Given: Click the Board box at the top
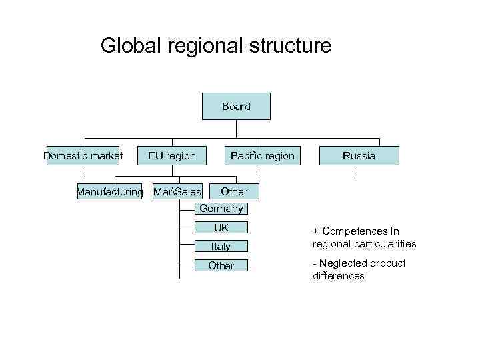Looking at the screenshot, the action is pos(236,106).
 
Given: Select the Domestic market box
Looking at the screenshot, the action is pos(83,156).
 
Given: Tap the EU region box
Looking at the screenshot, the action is pos(172,156).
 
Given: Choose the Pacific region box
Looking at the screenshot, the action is pos(262,156).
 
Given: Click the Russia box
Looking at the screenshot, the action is pos(359,156).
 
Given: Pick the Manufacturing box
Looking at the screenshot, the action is pos(109,192).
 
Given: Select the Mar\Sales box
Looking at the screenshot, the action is pos(177,192).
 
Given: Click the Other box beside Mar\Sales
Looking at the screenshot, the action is pos(234,191).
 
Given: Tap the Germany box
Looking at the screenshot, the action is pos(221,209).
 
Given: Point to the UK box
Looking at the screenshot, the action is pos(221,228).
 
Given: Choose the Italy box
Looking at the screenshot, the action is pos(221,247).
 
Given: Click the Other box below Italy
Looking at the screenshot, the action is pos(221,265).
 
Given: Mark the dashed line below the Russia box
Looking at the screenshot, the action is pos(357,173).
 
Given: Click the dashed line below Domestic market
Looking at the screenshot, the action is pos(84,173).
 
